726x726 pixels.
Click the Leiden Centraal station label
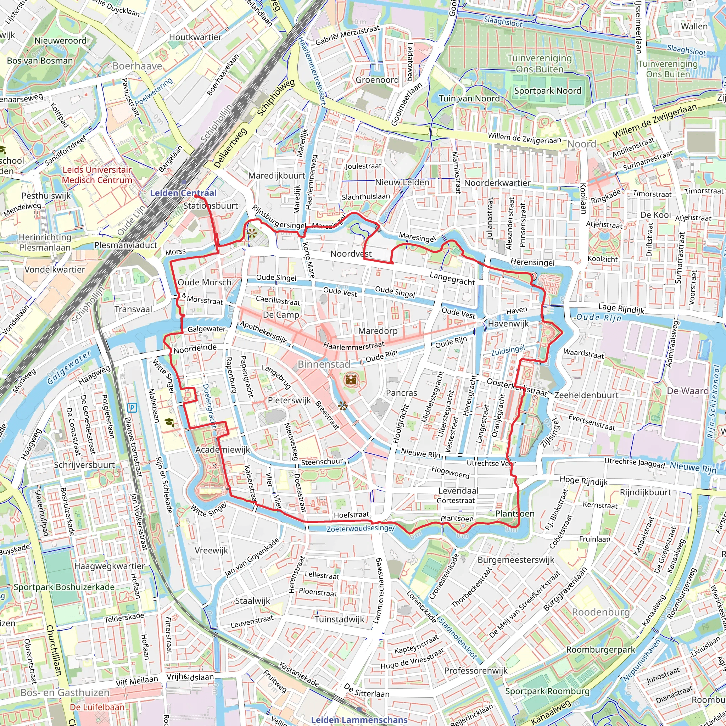(x=183, y=193)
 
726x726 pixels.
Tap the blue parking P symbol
(x=132, y=407)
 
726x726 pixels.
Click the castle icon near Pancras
(x=351, y=380)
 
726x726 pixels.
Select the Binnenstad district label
(x=324, y=364)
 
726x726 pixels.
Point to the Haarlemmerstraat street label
(x=353, y=345)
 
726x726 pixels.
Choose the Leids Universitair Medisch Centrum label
(x=97, y=175)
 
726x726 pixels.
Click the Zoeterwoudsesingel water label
(x=361, y=528)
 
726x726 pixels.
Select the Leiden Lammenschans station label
(x=359, y=720)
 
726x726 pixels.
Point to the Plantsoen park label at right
(x=514, y=513)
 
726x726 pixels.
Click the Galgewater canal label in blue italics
(x=69, y=367)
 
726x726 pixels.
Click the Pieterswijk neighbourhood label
(x=289, y=400)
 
